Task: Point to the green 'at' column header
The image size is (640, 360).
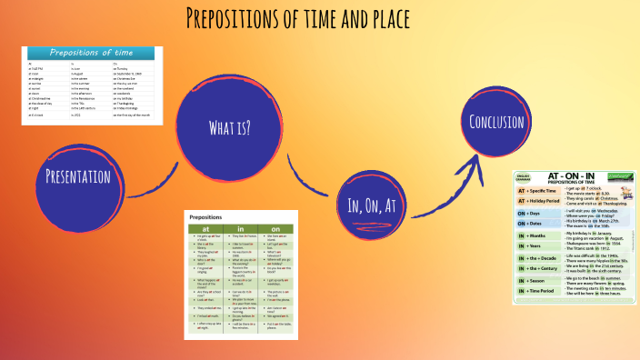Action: pyautogui.click(x=205, y=229)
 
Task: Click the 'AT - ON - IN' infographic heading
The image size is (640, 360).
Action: pyautogui.click(x=573, y=175)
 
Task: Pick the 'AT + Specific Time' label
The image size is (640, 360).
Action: pyautogui.click(x=538, y=190)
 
